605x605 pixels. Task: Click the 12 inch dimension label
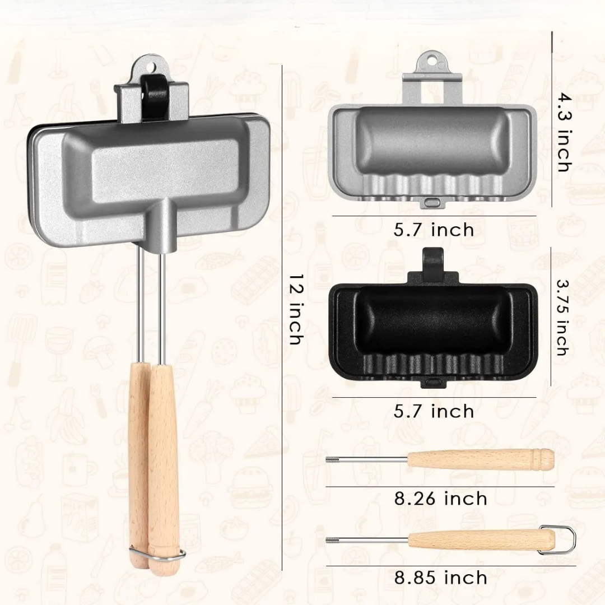[x=296, y=309]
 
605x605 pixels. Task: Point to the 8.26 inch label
[x=440, y=499]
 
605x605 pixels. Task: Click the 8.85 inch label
[x=440, y=578]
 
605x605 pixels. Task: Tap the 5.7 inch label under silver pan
[x=434, y=230]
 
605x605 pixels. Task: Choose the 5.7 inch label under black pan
[x=434, y=411]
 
